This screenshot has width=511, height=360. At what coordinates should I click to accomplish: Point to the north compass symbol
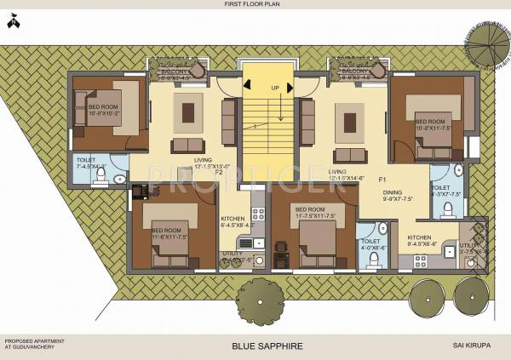point(13,23)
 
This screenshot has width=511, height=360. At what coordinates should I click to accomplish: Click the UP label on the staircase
point(274,88)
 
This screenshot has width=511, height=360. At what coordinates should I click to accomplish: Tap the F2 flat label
point(218,172)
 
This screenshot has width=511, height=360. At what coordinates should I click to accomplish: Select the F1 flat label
point(382,180)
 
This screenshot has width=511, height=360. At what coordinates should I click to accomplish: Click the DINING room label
point(392,196)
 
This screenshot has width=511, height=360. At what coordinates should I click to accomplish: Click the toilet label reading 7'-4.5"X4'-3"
point(90,163)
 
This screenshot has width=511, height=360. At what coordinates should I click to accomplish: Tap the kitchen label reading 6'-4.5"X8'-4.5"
point(238,222)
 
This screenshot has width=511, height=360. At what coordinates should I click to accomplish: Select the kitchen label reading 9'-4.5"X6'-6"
point(422,241)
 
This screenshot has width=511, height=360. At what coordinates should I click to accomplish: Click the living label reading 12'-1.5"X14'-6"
point(346,174)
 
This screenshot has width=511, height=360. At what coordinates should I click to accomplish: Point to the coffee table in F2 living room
point(188,111)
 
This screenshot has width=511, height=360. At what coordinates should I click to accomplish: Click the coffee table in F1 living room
point(349,117)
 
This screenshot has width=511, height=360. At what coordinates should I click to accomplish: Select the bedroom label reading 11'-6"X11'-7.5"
point(169,234)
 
